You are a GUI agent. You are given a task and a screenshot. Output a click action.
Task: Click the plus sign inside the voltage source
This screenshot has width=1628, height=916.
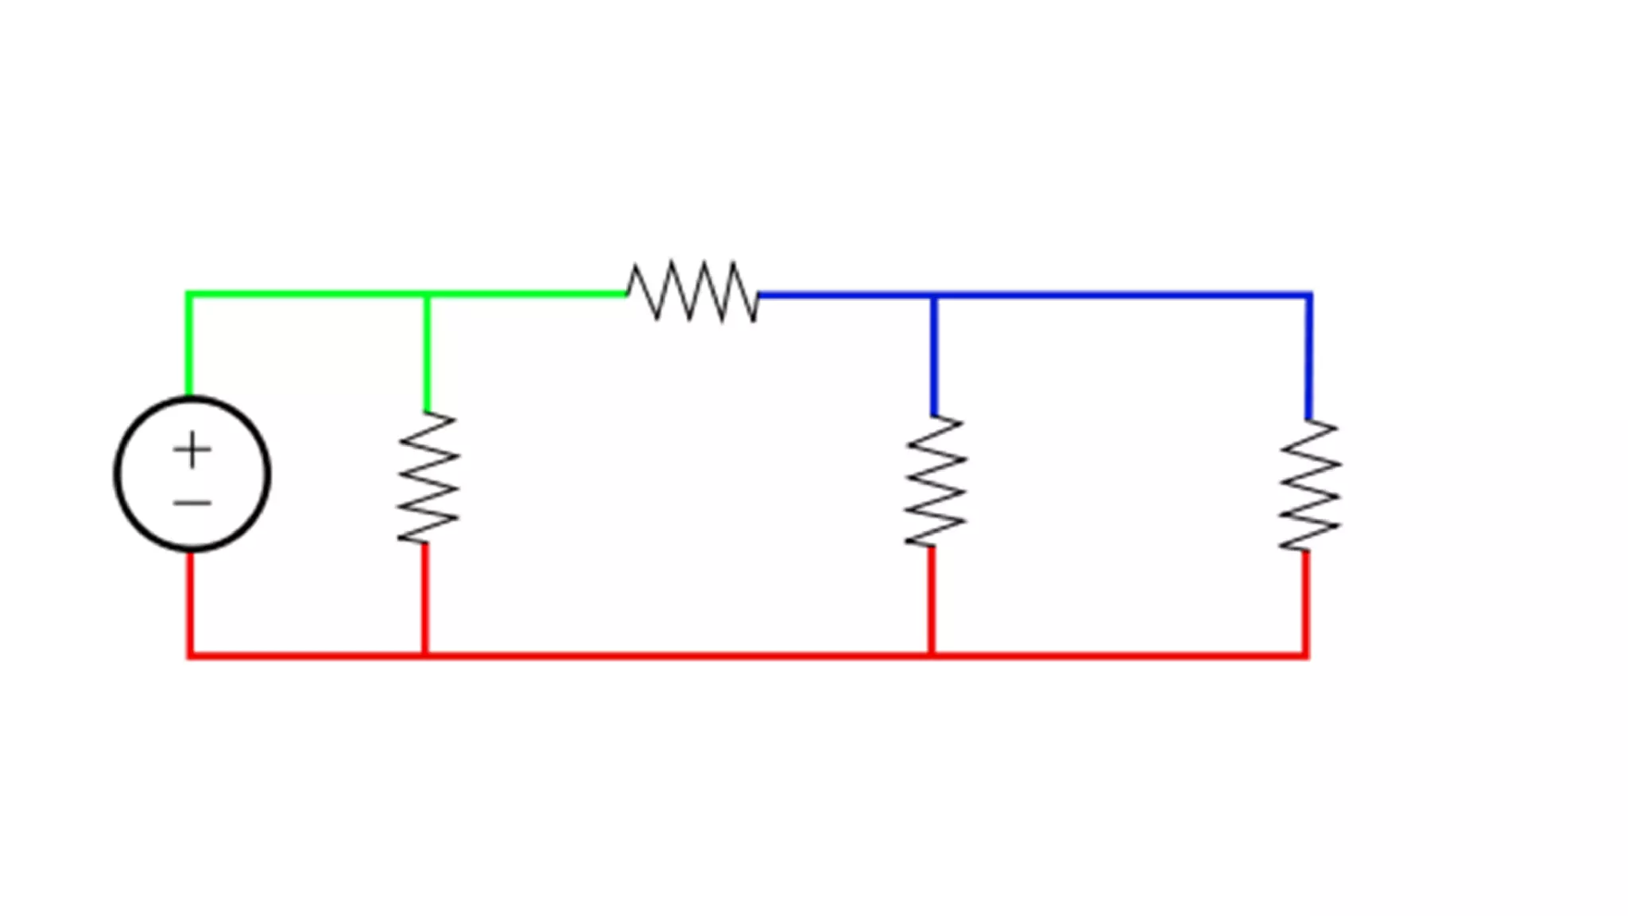192,451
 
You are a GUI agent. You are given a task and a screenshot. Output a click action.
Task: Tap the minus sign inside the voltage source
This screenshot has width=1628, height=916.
192,503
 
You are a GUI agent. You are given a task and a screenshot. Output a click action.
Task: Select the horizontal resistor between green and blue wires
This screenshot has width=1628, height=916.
692,292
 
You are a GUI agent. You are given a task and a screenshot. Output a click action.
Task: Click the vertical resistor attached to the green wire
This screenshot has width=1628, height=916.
428,477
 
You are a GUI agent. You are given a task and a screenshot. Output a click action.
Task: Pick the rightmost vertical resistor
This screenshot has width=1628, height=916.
1309,485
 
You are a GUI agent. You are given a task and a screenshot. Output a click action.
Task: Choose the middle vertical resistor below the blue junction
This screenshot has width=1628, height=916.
935,481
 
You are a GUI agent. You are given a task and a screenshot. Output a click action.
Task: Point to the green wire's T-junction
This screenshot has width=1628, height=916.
428,296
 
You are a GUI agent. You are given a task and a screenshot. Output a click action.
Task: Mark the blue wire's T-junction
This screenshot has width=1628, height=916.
934,297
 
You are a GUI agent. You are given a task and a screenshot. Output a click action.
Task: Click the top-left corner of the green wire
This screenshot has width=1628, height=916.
189,296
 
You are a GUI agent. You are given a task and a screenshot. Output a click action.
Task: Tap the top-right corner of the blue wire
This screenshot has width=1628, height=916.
1308,297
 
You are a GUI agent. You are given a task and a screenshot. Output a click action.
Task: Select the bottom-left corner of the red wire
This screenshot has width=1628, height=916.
190,655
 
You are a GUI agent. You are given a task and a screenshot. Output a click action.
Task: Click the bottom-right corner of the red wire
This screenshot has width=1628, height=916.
1305,655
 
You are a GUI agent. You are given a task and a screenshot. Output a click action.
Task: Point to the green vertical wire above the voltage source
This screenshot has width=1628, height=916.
189,346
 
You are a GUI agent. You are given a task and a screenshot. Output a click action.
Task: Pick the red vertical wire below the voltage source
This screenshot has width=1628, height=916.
190,604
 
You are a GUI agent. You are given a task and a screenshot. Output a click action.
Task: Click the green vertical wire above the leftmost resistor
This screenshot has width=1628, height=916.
428,354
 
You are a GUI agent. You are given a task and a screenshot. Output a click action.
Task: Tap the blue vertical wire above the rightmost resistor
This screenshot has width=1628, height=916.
1308,358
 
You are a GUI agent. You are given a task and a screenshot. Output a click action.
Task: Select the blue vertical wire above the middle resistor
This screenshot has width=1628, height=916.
934,356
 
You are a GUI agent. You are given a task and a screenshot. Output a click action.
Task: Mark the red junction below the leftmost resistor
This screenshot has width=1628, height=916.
425,655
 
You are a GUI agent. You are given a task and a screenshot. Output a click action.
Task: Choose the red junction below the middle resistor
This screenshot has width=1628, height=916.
932,655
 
